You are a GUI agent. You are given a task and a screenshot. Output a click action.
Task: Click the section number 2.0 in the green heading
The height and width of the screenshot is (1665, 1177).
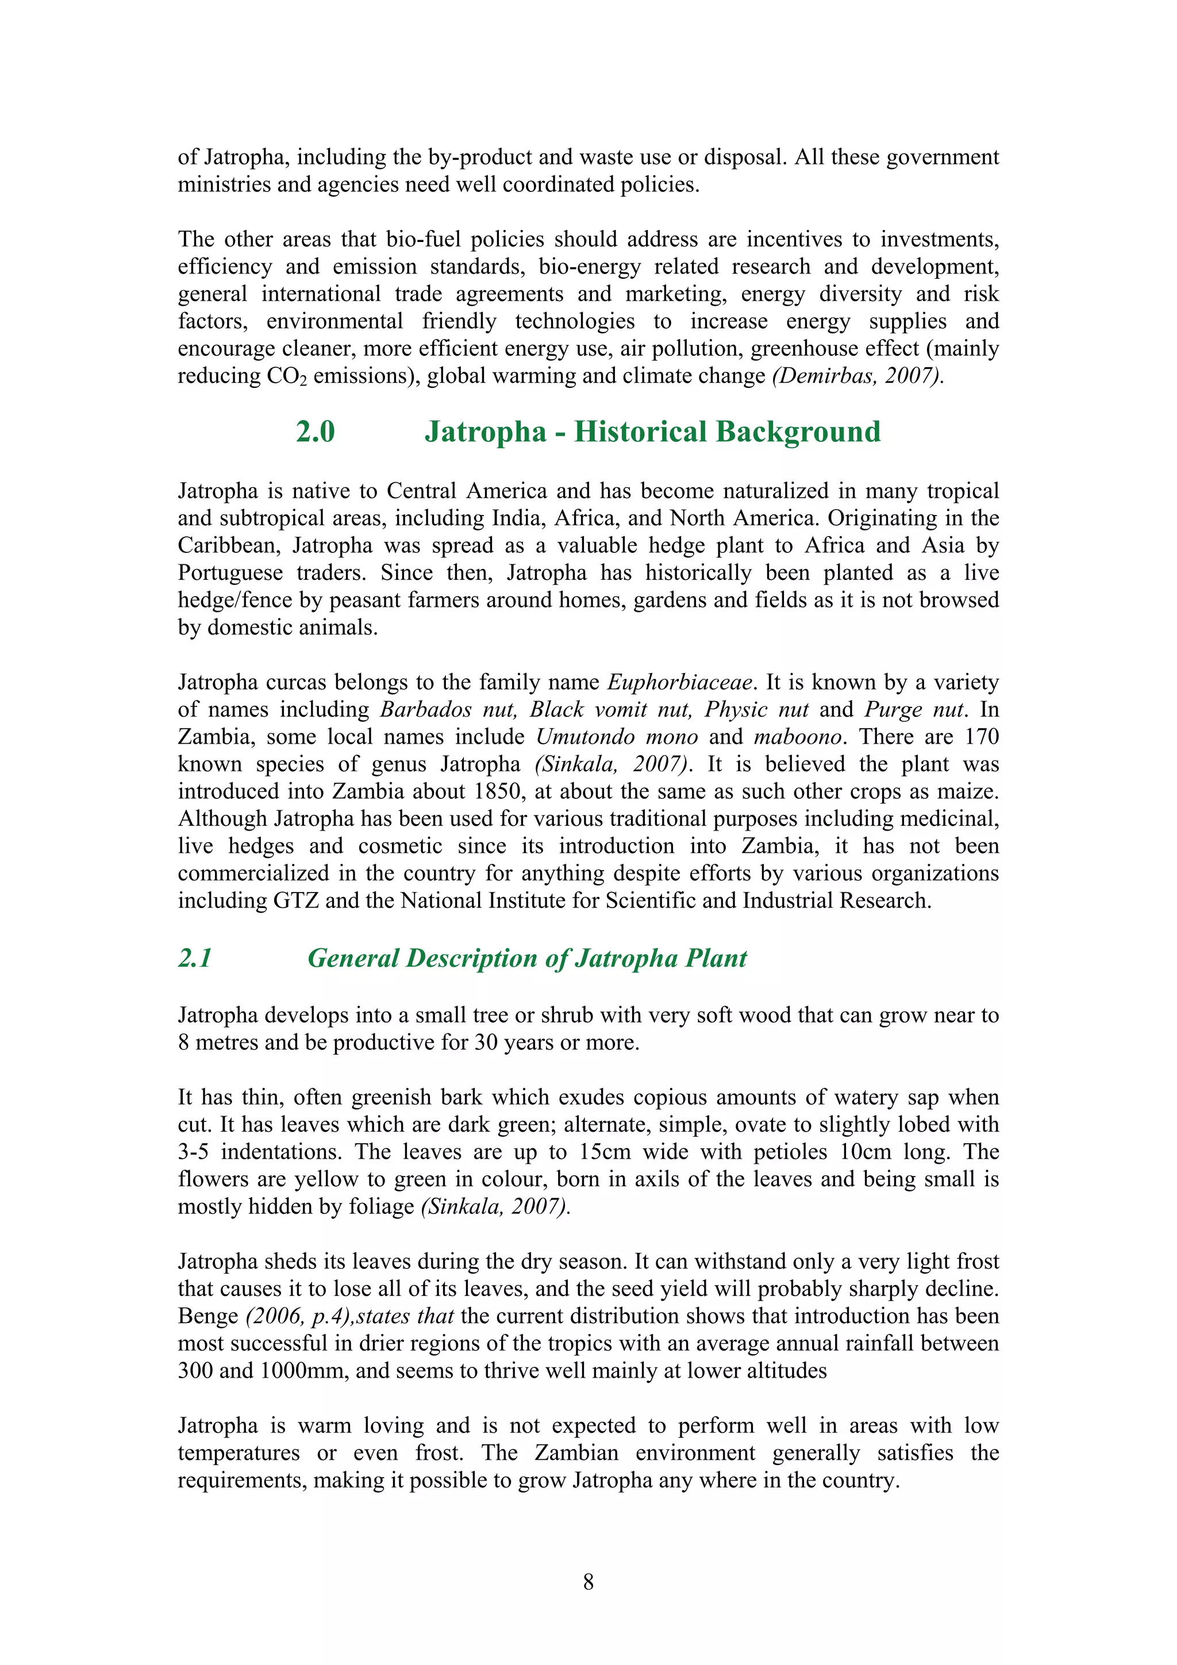(316, 432)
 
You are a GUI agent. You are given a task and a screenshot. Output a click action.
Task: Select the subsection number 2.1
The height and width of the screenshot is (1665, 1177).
(195, 958)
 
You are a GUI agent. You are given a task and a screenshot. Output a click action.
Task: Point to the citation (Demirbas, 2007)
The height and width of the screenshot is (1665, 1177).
(858, 376)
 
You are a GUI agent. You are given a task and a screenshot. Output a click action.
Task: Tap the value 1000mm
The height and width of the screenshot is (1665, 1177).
(301, 1371)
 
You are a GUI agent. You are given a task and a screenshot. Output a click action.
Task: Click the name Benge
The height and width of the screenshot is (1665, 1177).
(208, 1316)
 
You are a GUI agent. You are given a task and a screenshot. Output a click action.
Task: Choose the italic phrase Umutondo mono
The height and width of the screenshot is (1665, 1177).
(617, 737)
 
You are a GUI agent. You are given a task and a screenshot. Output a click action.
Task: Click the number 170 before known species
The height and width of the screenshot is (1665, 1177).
(981, 737)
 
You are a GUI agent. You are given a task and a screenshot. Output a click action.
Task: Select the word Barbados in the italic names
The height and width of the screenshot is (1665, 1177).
(426, 709)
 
